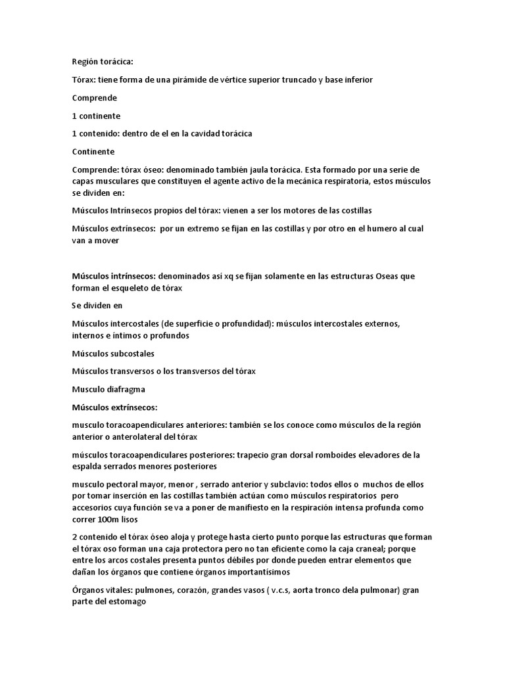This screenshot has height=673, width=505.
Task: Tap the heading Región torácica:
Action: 103,62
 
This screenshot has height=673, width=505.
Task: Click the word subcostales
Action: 132,354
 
